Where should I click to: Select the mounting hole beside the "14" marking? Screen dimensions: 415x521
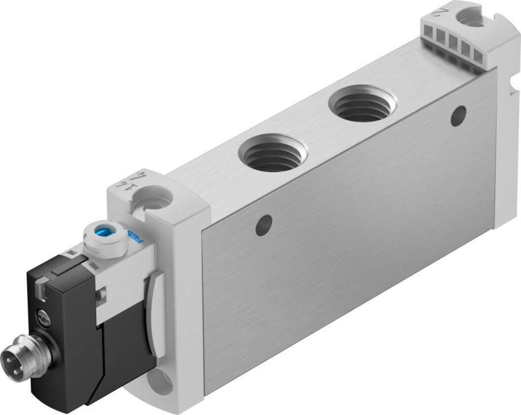click(156, 201)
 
